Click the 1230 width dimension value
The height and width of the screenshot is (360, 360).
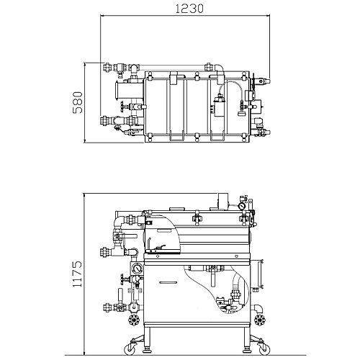coord(189,9)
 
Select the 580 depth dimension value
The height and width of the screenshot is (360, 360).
coord(78,102)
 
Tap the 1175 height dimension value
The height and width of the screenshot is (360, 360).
coord(77,274)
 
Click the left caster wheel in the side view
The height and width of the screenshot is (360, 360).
coord(130,348)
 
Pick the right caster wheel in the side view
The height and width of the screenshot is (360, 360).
coord(264,348)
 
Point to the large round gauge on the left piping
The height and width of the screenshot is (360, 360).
coord(138,269)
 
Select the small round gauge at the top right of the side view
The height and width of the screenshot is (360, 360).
coord(242,206)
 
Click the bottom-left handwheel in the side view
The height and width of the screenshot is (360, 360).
coord(133,320)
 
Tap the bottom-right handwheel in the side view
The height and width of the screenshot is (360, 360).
coord(260,320)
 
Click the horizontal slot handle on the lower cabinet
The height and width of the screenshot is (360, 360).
coord(168,282)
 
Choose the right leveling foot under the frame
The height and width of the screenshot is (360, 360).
coord(247,350)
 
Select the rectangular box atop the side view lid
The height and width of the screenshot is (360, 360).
coord(223,200)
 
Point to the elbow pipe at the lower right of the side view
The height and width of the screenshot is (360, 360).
coord(258,309)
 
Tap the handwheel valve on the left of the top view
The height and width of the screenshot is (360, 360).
coord(122,107)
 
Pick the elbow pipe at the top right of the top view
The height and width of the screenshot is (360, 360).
coord(220,69)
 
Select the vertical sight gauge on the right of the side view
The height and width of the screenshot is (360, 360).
coord(260,274)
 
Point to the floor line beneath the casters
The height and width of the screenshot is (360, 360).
coord(185,355)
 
